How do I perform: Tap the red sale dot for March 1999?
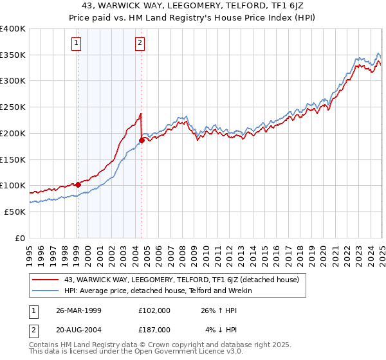coord(78,184)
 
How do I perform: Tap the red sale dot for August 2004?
coord(142,139)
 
